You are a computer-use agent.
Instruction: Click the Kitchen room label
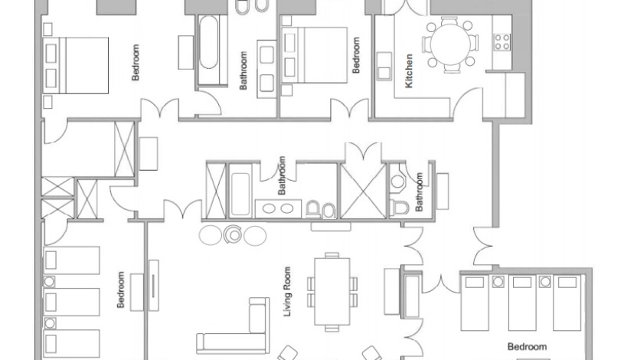coord(410,70)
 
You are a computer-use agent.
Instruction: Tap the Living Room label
coord(288,292)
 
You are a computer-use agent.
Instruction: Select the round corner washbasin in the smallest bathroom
coord(397,180)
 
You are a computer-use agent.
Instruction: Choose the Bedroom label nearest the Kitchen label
coord(355,56)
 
